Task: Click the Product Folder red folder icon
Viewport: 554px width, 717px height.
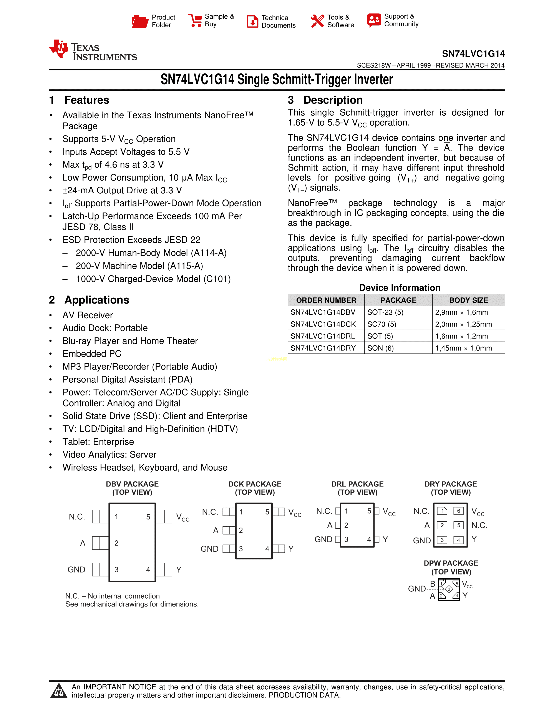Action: point(140,21)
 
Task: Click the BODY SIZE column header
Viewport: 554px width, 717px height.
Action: point(468,300)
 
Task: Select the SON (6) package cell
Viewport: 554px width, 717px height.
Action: point(380,348)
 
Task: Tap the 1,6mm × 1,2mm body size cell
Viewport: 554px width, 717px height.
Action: point(461,336)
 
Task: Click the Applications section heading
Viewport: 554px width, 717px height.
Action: point(97,300)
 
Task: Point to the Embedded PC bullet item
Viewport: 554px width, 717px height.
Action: point(92,354)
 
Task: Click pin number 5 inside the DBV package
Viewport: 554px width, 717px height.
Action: point(148,517)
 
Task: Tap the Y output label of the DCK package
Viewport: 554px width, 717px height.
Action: point(291,549)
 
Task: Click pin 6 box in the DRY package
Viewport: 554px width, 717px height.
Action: point(458,511)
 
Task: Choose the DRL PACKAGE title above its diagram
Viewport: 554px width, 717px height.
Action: point(357,484)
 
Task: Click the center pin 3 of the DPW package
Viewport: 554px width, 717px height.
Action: point(449,589)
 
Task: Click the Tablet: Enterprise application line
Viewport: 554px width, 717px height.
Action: point(98,441)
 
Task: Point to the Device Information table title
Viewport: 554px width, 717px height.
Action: point(400,288)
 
